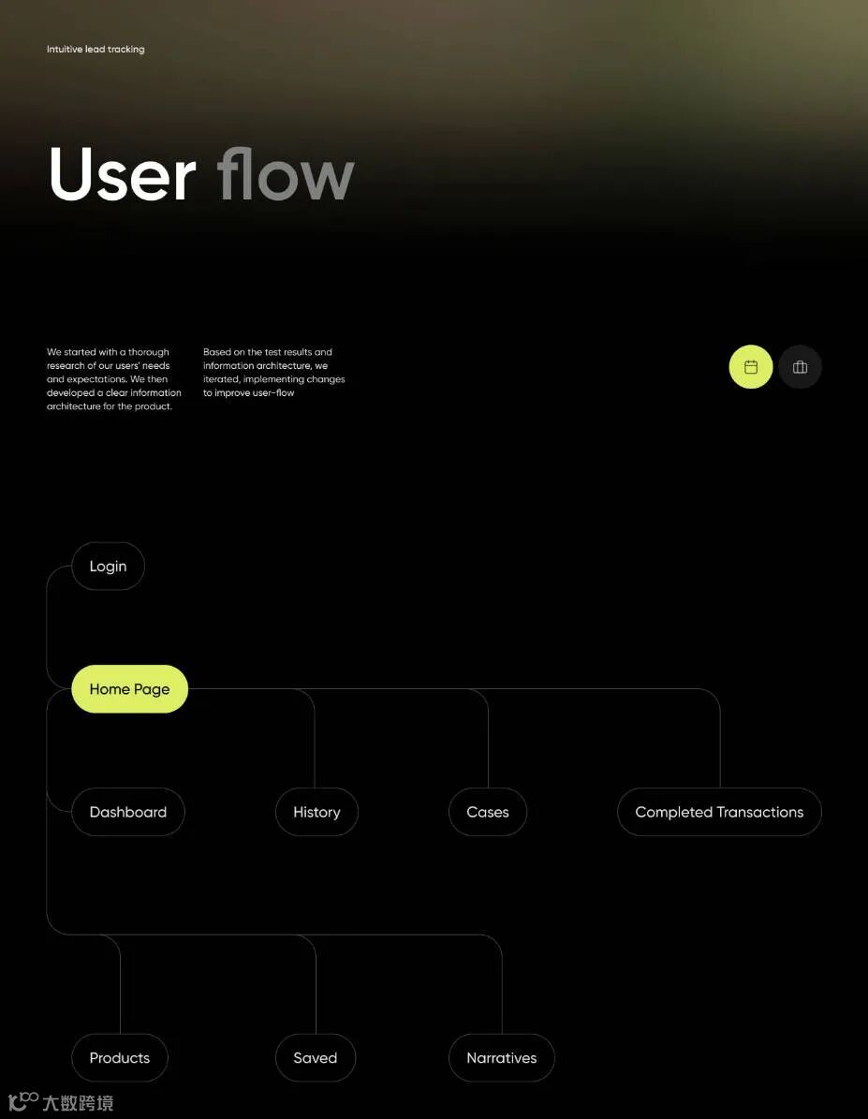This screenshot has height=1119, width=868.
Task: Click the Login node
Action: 108,567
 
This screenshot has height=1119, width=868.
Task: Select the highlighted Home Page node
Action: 129,689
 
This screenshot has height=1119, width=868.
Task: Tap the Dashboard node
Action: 127,812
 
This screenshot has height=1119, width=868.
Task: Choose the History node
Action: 316,812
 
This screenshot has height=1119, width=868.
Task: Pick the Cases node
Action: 487,812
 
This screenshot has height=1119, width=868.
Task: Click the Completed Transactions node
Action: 719,812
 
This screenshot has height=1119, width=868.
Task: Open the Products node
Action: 119,1058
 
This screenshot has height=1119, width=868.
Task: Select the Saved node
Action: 315,1058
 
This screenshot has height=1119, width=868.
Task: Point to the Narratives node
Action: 501,1058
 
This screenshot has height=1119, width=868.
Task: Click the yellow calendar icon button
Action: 751,367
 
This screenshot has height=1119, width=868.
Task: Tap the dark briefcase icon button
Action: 800,367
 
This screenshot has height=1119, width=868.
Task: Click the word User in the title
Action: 123,174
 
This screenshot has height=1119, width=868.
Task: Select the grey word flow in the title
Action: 286,174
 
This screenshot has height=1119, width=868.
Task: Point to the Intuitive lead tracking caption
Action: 96,49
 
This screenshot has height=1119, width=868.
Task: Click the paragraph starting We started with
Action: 113,379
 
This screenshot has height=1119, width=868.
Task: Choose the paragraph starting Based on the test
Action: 273,373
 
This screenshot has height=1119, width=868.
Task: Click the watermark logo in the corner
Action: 61,1102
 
